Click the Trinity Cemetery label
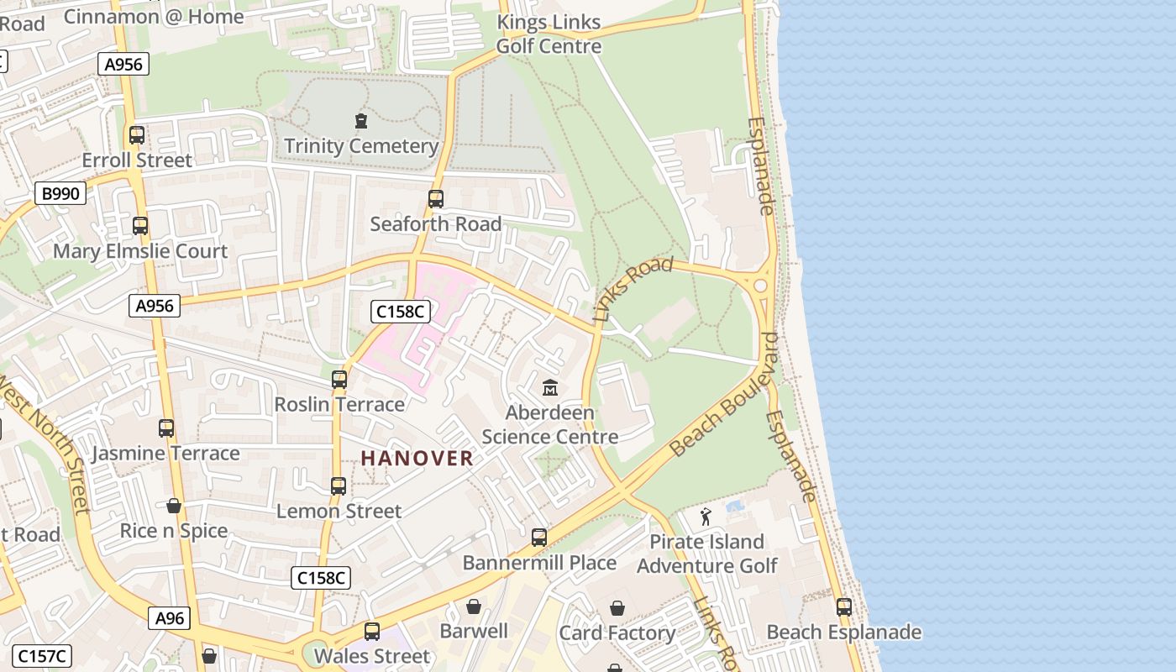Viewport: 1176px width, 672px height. click(x=361, y=146)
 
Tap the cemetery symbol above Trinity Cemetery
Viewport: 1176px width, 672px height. click(x=361, y=122)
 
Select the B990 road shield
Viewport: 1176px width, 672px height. click(x=60, y=194)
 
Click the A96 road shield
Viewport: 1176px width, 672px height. click(x=170, y=619)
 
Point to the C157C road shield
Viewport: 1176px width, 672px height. click(x=44, y=656)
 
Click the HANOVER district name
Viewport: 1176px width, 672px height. click(x=417, y=458)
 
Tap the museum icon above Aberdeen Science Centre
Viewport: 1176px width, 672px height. click(x=550, y=387)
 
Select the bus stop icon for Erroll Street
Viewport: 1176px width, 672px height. click(x=137, y=134)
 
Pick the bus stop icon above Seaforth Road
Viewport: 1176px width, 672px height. click(x=435, y=199)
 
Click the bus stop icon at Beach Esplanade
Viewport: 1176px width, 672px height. click(x=844, y=607)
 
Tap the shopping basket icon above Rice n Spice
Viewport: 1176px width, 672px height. click(x=174, y=506)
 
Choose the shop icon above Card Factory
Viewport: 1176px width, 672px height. click(x=617, y=608)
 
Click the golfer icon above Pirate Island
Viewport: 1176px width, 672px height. click(x=706, y=517)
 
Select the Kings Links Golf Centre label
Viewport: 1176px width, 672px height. click(x=549, y=34)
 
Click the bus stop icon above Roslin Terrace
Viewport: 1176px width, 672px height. click(x=339, y=380)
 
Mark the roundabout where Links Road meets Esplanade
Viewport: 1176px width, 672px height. click(x=761, y=286)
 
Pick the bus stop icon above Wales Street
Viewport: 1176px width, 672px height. click(x=372, y=631)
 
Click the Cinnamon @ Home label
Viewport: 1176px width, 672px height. click(x=154, y=16)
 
